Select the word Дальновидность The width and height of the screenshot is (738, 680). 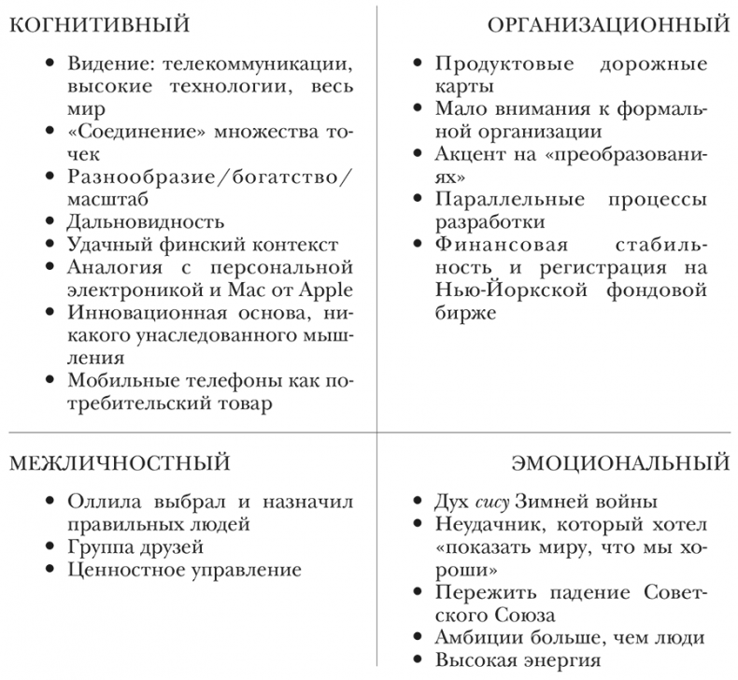point(146,221)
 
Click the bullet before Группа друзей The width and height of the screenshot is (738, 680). point(50,547)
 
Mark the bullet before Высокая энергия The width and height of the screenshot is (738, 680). point(419,660)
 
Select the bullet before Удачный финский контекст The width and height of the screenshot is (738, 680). point(50,245)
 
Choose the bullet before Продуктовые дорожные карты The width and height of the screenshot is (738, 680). point(419,65)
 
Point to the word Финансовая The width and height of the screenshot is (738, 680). point(489,246)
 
